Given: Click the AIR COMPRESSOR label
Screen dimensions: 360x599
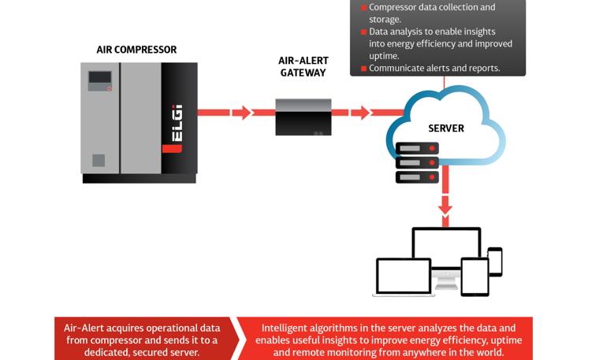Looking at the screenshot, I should (136, 50).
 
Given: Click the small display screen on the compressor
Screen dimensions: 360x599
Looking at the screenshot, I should (99, 79).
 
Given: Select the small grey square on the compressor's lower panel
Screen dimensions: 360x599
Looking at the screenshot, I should (99, 161).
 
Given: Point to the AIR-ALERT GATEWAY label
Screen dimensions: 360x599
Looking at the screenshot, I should (303, 66).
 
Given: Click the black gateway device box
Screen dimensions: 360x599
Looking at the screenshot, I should (303, 117).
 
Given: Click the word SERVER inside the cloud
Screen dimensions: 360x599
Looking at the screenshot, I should (446, 128).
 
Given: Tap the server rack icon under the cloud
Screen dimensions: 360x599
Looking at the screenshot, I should (417, 164).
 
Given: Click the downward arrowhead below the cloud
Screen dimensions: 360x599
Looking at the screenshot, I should (445, 207).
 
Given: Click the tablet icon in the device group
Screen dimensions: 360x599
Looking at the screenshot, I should (475, 276).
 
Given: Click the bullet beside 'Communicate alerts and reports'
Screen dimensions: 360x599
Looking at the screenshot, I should (364, 69).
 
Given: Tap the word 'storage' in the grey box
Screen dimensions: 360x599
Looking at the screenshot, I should (385, 19).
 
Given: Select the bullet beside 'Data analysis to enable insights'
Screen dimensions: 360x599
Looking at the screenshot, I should (364, 32).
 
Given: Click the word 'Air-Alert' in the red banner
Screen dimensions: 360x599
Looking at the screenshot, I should (84, 328).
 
